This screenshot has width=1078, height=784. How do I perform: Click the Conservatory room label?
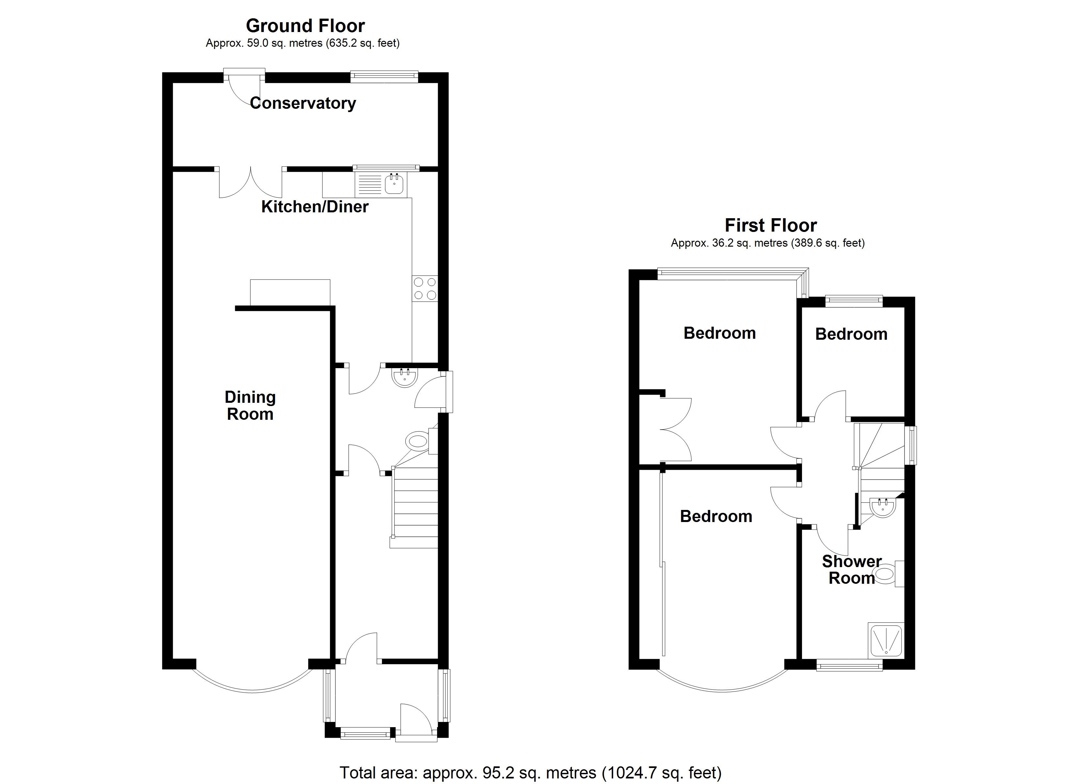coord(303,103)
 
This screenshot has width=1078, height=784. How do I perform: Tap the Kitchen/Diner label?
coord(315,207)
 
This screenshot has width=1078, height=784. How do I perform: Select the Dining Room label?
coord(250,405)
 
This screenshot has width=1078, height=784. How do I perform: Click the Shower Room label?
coord(852,570)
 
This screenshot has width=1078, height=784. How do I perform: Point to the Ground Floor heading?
coord(305,25)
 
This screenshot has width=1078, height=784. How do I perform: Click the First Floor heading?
coord(771,225)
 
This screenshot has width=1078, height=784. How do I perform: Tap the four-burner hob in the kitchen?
coord(425,288)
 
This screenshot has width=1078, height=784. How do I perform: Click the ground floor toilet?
coord(418,441)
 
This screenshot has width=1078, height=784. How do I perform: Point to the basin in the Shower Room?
coord(883,507)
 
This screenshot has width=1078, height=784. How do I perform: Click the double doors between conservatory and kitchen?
coord(251,183)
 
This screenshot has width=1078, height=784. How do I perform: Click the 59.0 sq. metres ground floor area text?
coord(302,43)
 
